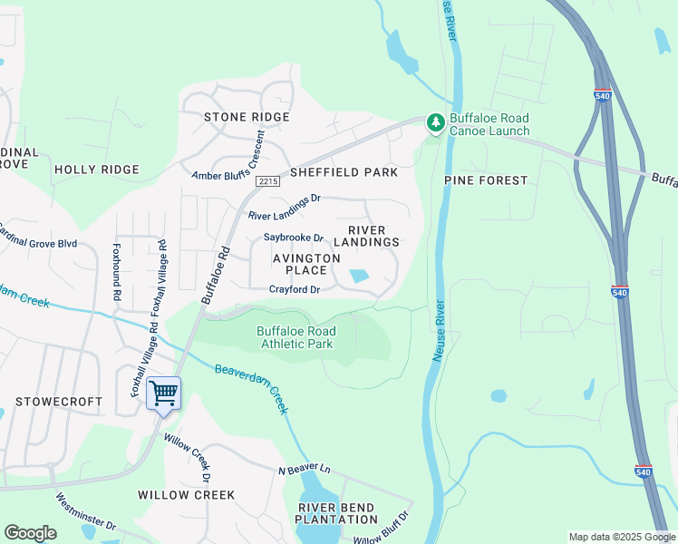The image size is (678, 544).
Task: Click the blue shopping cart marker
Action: point(163,394)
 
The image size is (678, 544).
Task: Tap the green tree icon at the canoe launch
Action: point(436,122)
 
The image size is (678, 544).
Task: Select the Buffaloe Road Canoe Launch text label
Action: point(490,125)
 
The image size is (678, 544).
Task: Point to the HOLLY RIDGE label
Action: point(97,170)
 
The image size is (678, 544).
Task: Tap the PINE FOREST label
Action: point(486,180)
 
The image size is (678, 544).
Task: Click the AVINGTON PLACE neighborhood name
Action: point(306,264)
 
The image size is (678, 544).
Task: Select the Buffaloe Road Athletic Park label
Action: point(296,337)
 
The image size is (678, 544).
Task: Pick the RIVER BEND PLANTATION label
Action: point(336,513)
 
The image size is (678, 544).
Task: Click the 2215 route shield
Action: point(266,181)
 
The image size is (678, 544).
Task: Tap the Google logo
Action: point(30,533)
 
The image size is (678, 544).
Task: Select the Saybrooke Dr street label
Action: point(294,238)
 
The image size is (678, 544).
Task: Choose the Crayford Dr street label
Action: point(295,290)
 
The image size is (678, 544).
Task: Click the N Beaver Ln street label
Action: point(305,469)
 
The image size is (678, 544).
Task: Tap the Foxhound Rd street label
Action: point(116,271)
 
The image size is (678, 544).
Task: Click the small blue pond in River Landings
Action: point(360,276)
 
